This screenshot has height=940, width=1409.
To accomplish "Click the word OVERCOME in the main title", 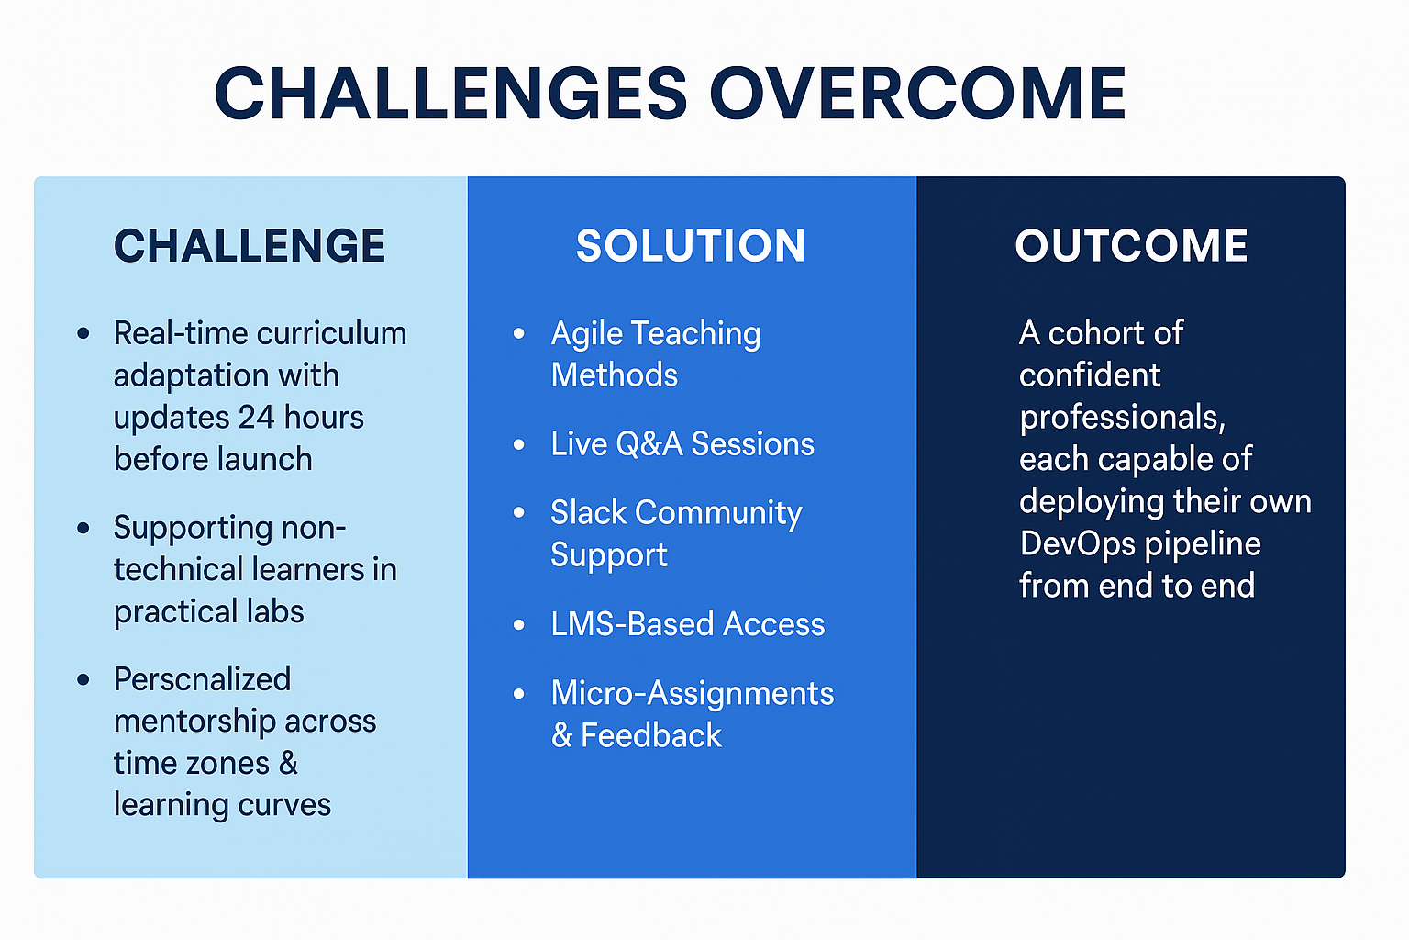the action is [917, 94].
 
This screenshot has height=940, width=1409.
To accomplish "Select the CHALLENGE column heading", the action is [250, 245].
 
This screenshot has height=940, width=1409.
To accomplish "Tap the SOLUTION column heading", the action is [691, 245].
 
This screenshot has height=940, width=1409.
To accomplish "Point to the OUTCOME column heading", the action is [1131, 245].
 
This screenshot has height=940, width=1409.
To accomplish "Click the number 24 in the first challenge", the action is [257, 417].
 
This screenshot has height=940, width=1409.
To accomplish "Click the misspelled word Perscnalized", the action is [202, 678].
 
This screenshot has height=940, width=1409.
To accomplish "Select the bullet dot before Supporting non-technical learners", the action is [83, 528].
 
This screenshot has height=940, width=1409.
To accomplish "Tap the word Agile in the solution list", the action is [586, 334].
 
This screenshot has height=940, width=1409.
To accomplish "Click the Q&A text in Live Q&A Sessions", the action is [649, 444].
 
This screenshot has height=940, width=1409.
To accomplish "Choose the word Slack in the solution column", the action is [589, 512].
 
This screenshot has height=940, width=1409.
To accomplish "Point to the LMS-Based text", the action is [632, 624].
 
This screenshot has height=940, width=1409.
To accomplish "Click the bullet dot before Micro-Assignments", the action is [519, 694].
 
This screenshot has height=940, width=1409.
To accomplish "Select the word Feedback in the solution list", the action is [651, 734].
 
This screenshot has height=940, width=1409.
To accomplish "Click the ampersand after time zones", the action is [288, 763].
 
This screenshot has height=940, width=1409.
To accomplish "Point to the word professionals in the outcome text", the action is [1123, 418].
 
